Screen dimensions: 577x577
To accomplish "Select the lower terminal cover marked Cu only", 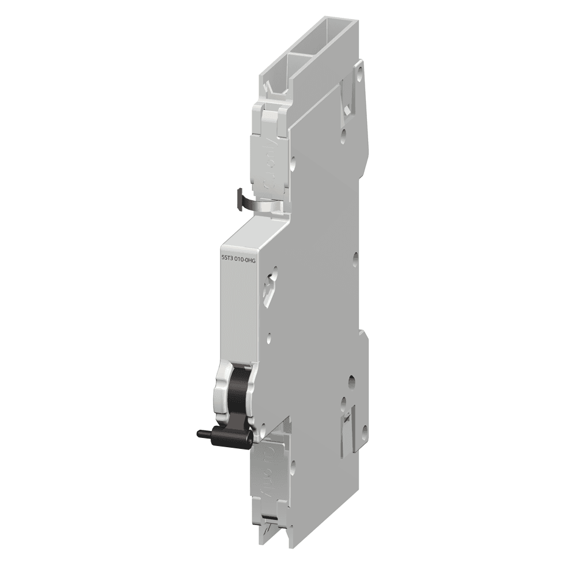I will [275, 468].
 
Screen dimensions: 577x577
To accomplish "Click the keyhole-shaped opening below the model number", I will [269, 288].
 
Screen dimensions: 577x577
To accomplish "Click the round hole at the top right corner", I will [361, 74].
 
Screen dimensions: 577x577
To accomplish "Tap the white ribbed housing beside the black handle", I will [223, 392].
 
